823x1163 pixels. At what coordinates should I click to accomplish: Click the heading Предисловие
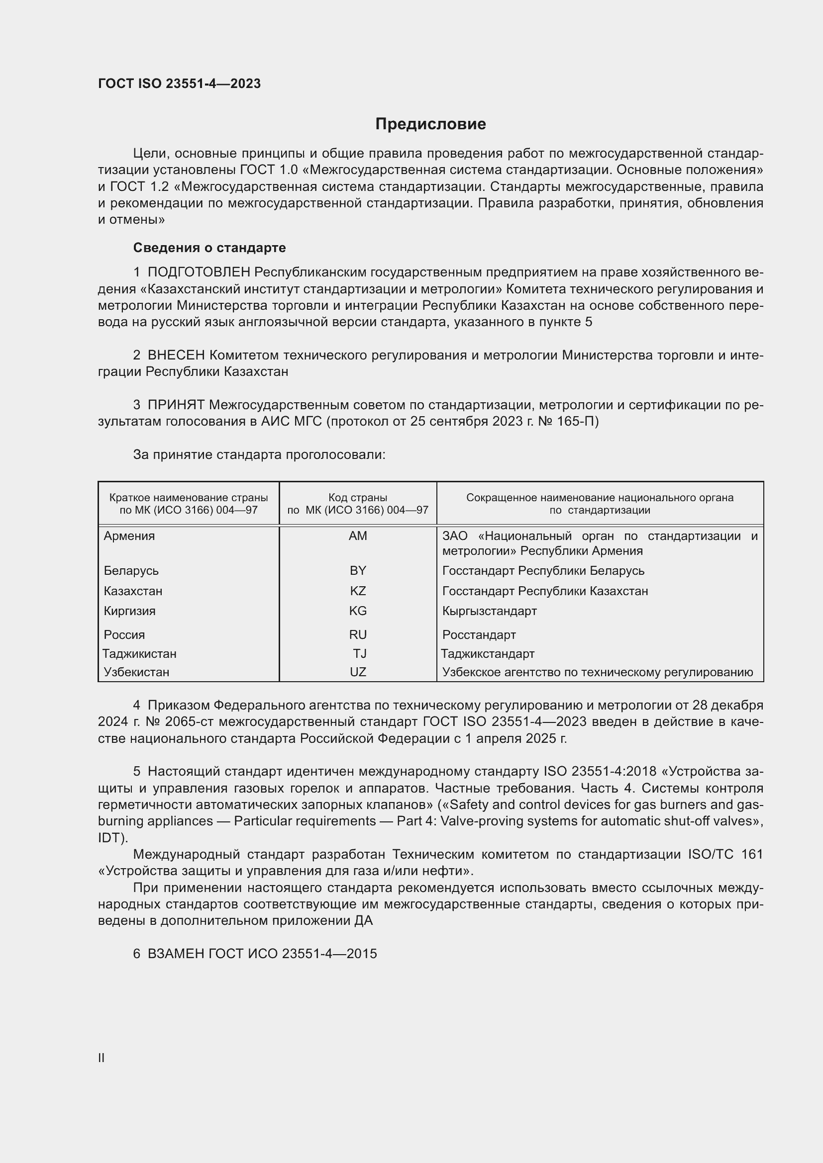430,124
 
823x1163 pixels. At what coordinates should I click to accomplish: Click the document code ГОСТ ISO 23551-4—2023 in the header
180,84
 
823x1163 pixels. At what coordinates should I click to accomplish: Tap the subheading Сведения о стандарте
209,248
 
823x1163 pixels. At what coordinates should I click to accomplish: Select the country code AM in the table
358,536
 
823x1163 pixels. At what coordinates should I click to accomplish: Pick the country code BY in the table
358,571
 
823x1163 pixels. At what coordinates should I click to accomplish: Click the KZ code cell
358,591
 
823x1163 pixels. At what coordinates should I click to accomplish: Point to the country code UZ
358,672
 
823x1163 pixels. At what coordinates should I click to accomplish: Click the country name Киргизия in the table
130,611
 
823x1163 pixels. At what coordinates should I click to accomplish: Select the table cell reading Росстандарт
479,634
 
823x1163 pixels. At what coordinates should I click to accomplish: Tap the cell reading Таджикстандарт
488,653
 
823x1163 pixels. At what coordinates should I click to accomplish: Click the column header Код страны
358,498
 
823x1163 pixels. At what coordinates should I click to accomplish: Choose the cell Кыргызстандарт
490,611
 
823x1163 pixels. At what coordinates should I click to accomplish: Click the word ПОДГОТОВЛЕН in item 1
199,272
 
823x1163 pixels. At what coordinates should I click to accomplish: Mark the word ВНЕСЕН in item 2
176,355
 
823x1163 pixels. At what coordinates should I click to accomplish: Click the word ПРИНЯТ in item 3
176,405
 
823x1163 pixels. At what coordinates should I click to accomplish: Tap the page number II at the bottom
102,1058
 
